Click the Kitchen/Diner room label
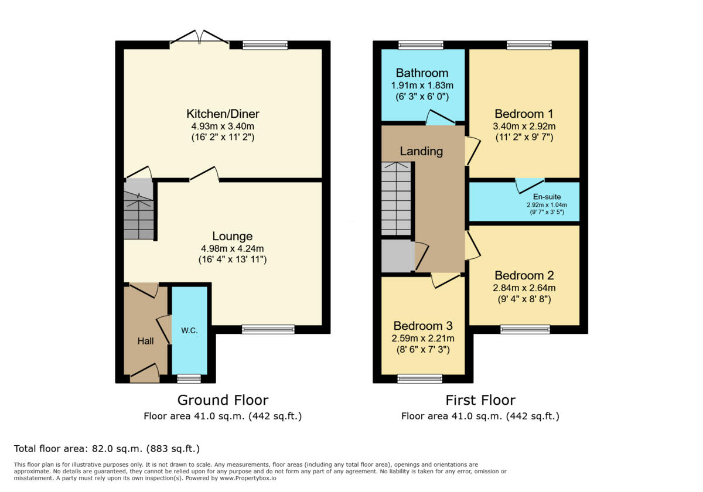coord(223,114)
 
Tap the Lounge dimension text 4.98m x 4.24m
coord(233,248)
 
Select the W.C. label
coord(189,330)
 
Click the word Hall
coord(145,340)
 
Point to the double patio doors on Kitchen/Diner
coord(199,38)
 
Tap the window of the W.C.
coord(189,378)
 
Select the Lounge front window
coord(268,330)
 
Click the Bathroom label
coord(422,73)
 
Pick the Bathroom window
coord(421,45)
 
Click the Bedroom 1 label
coord(524,114)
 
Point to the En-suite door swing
coord(529,186)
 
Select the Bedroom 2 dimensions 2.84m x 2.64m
coord(524,288)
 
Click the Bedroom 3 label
coord(422,326)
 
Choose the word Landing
coord(421,151)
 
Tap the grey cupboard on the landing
coord(397,255)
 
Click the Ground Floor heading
coord(223,400)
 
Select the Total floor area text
coord(107,449)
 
